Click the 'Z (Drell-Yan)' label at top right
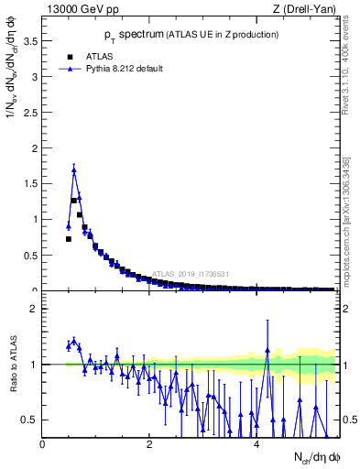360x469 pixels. tap(306, 10)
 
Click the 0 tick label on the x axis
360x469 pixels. tap(42, 444)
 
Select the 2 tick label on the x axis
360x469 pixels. tap(149, 444)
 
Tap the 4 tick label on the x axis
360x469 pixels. tap(256, 444)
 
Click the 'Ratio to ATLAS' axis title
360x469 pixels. tap(12, 365)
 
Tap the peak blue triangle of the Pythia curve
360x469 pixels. tap(73, 169)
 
